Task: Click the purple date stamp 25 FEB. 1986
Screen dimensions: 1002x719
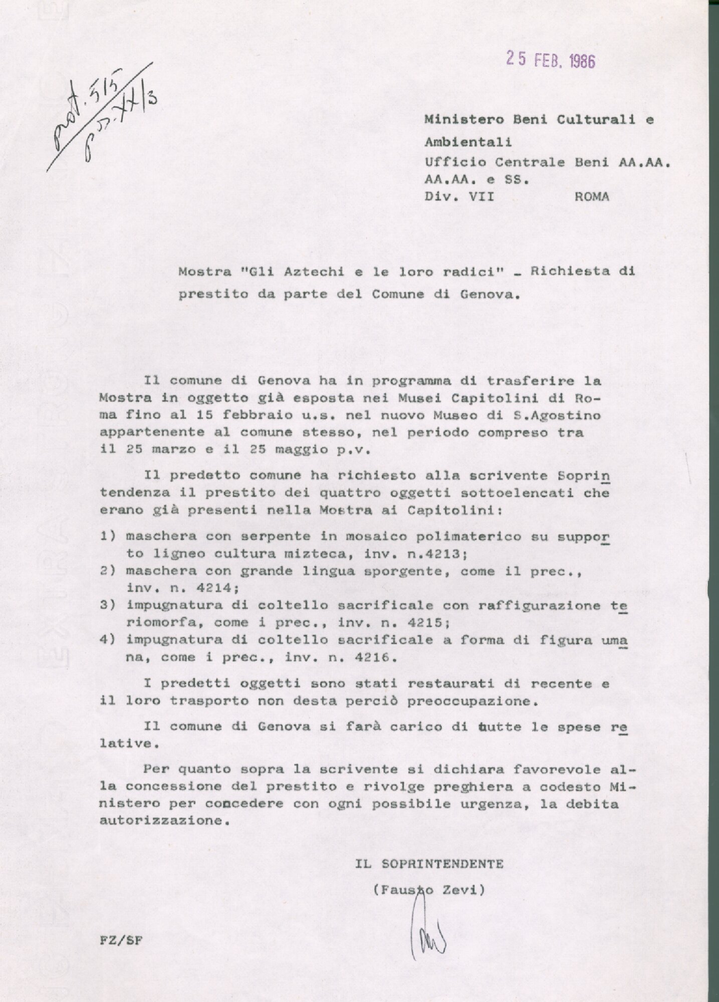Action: click(550, 61)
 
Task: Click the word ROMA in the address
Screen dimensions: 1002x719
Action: click(592, 196)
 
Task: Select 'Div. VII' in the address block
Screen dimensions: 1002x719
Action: click(459, 196)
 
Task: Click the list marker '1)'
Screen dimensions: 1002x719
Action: click(109, 536)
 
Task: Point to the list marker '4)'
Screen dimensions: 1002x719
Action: click(109, 640)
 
